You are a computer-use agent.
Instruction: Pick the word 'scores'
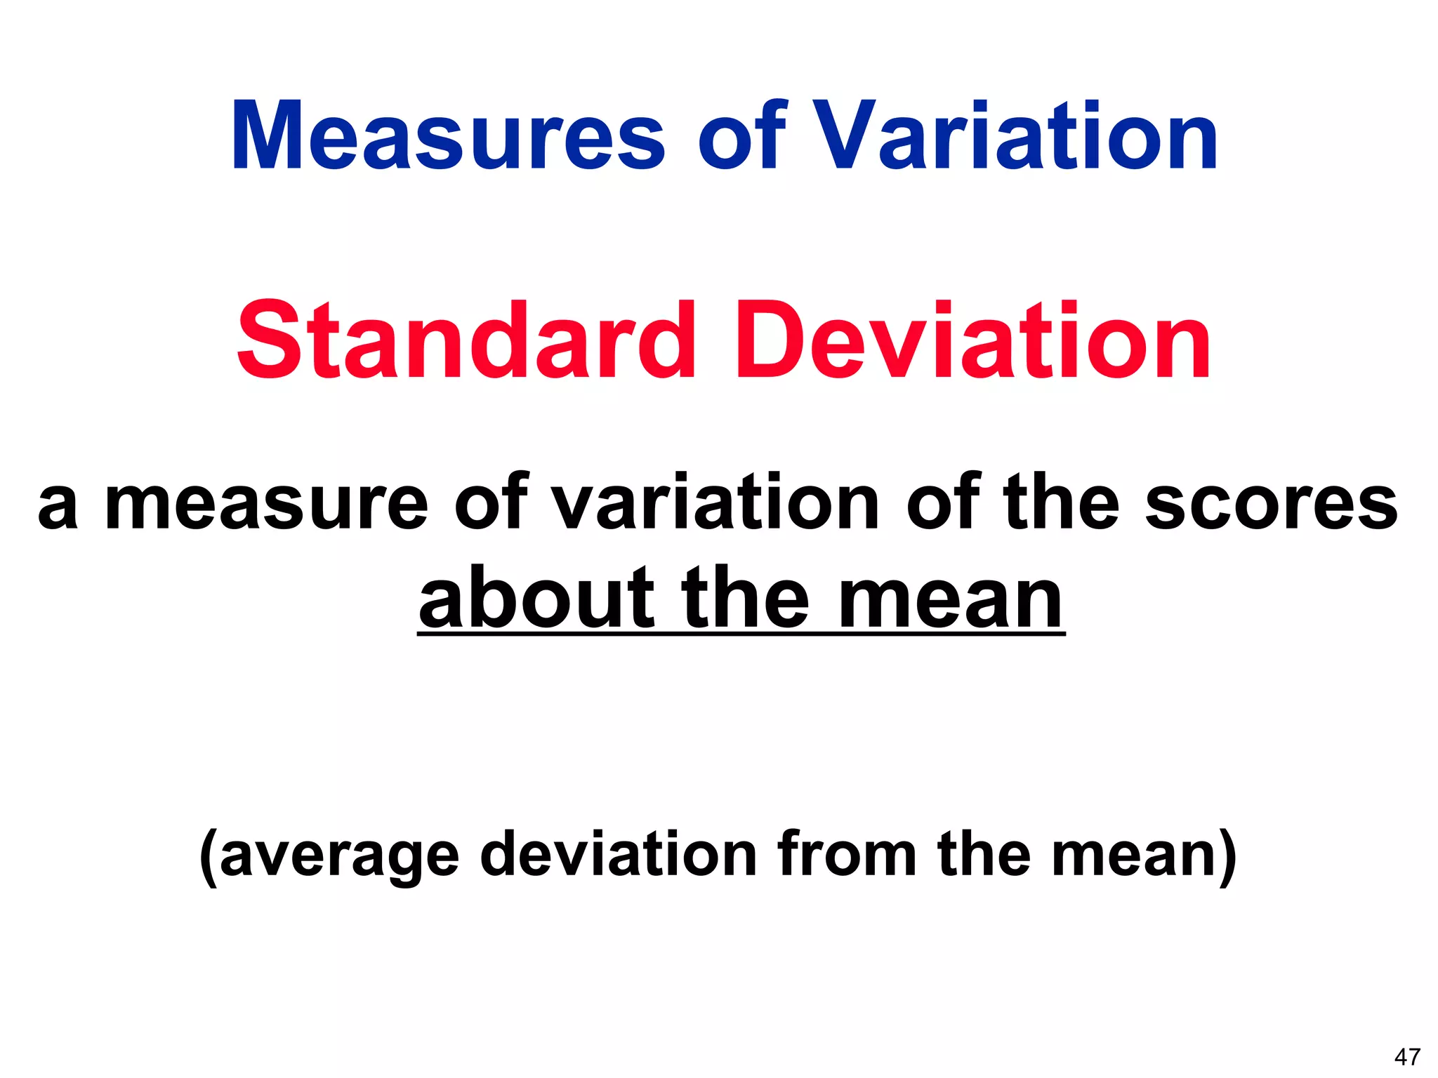point(1272,503)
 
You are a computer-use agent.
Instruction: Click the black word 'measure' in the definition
point(266,503)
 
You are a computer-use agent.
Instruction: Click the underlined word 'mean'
point(951,601)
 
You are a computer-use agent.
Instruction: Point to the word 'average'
point(340,854)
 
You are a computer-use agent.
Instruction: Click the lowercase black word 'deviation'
point(619,854)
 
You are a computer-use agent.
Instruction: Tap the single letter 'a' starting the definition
point(58,507)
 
